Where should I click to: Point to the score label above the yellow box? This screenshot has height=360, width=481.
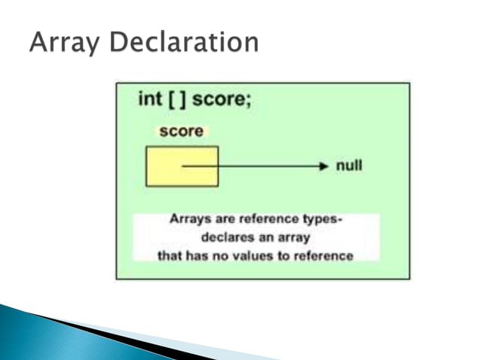coord(181,131)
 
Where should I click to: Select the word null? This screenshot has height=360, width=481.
coord(349,165)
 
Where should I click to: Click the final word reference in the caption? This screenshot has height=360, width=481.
coord(324,255)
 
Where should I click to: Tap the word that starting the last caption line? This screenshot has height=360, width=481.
coord(170,255)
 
